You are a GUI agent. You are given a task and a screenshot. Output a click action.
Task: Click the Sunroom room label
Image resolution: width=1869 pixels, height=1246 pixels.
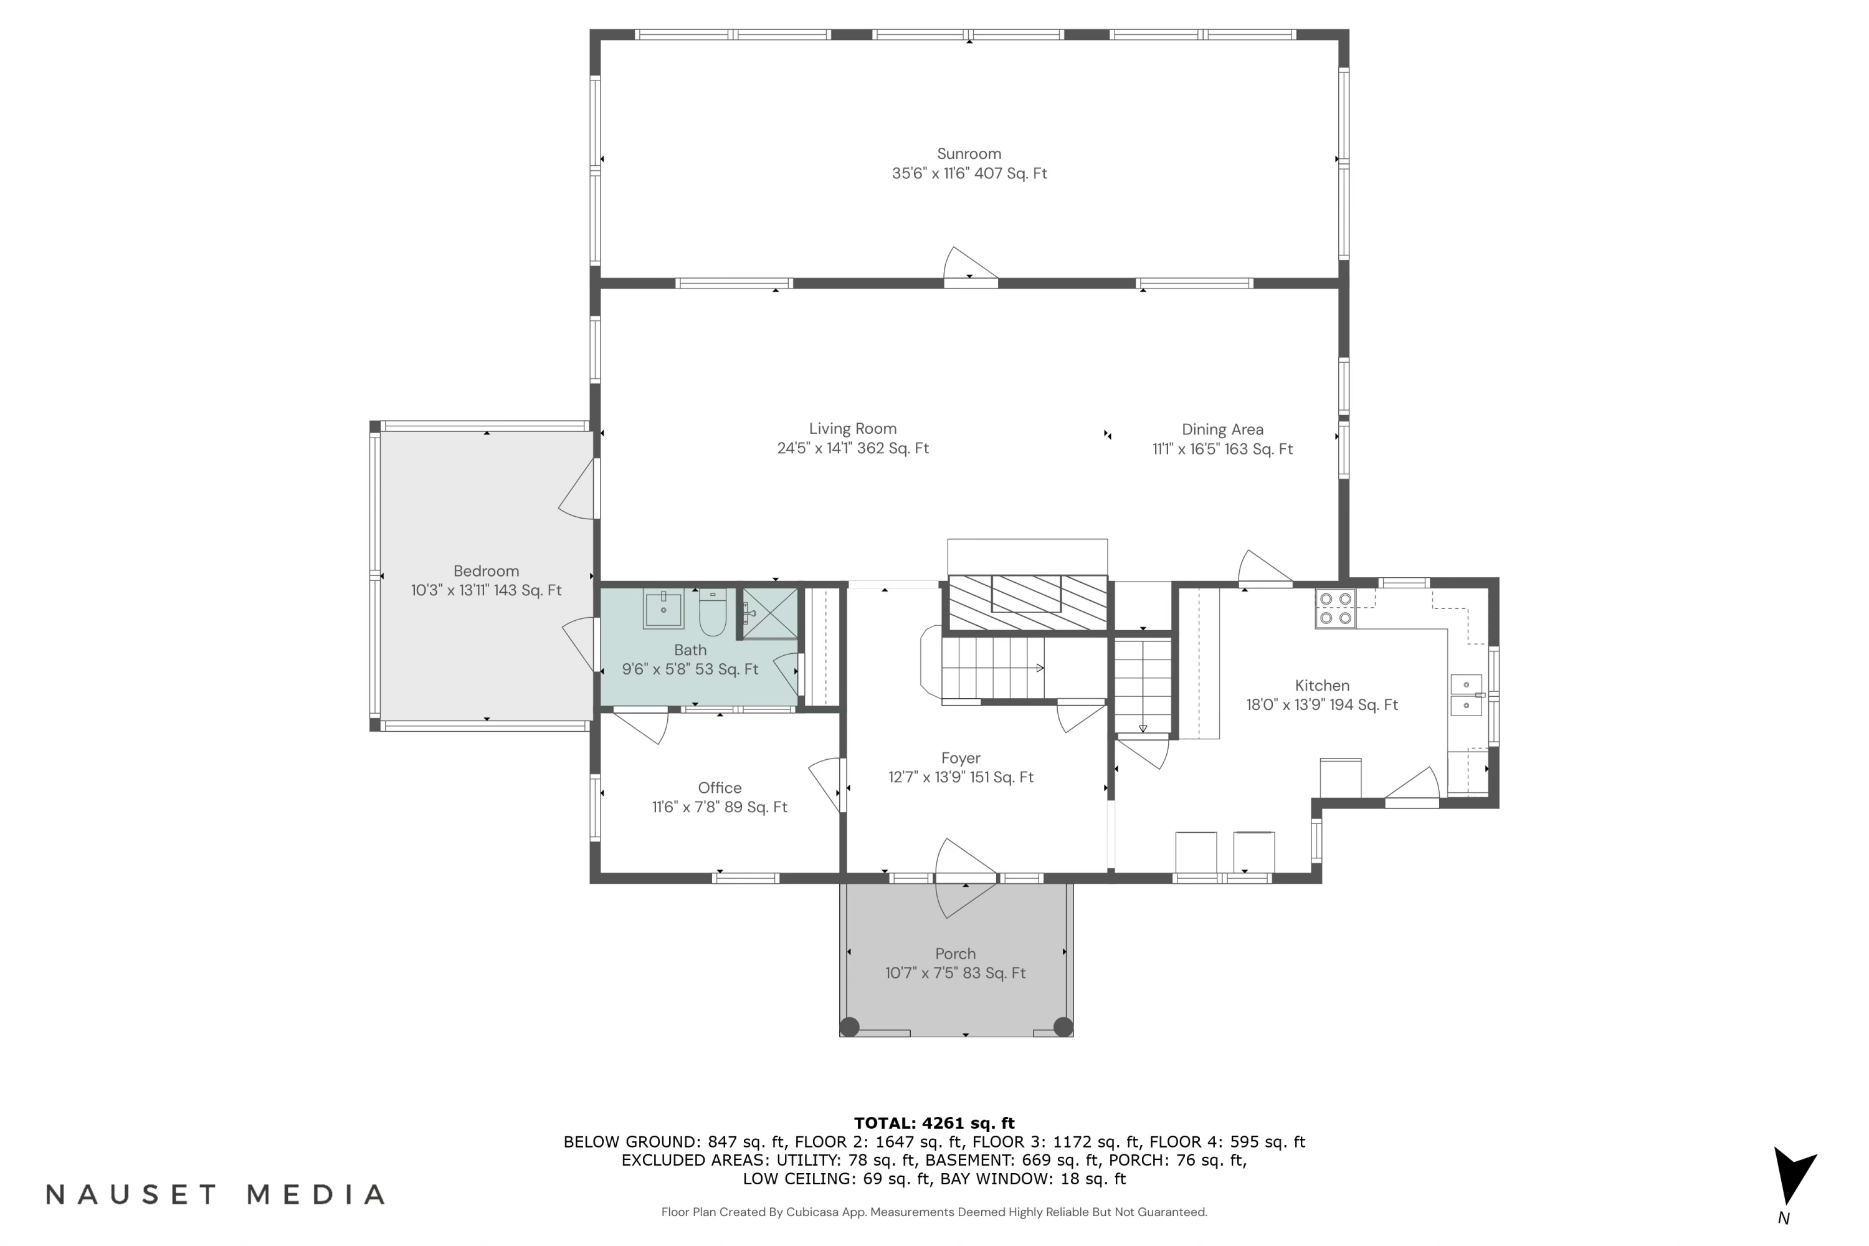[x=968, y=154]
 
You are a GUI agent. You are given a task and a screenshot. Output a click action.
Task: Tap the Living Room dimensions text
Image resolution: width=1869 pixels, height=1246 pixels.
[x=852, y=448]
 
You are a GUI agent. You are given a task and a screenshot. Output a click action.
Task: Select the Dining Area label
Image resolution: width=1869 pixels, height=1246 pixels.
[x=1222, y=430]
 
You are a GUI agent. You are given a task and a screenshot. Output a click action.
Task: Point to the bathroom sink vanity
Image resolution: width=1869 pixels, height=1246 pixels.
[x=663, y=610]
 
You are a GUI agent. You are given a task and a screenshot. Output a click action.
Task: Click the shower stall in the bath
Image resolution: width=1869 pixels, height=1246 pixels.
[x=769, y=613]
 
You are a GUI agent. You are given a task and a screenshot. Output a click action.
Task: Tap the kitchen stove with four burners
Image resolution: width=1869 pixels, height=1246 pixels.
[x=1334, y=609]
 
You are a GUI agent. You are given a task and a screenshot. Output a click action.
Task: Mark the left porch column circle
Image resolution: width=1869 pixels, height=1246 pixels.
[x=849, y=1027]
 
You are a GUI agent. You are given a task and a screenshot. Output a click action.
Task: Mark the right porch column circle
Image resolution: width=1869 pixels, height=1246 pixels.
[x=1063, y=1027]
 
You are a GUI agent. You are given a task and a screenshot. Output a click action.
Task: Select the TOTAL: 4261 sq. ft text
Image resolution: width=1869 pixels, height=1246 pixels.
[x=934, y=1123]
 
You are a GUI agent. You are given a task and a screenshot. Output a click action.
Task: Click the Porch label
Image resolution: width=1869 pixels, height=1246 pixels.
[x=955, y=954]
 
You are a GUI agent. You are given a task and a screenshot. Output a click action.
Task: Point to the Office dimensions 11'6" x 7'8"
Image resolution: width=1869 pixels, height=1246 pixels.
[x=719, y=807]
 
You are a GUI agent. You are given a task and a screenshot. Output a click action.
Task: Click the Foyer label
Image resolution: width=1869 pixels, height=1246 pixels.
[x=960, y=758]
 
